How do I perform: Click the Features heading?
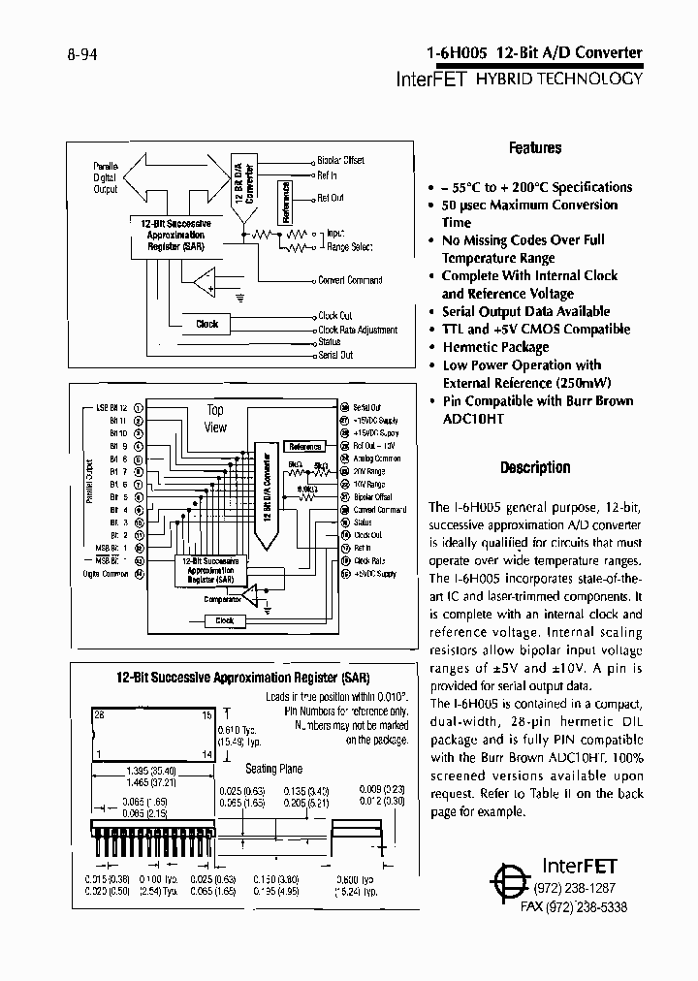[535, 148]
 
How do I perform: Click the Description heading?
[535, 467]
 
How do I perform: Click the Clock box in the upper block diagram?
[207, 324]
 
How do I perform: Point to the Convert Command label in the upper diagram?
[350, 280]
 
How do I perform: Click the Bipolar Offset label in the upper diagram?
[341, 160]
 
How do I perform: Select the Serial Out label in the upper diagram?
[335, 356]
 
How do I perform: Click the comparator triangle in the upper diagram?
[204, 283]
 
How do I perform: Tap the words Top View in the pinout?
[215, 419]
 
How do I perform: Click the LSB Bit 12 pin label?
[111, 409]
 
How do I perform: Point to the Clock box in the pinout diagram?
[224, 620]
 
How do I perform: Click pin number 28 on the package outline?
[98, 712]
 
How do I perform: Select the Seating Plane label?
[274, 769]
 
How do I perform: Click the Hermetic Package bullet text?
[495, 347]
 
